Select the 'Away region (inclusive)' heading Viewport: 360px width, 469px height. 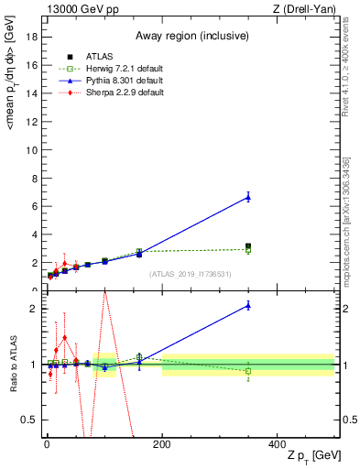(189, 36)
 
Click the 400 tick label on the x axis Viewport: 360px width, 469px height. (277, 443)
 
